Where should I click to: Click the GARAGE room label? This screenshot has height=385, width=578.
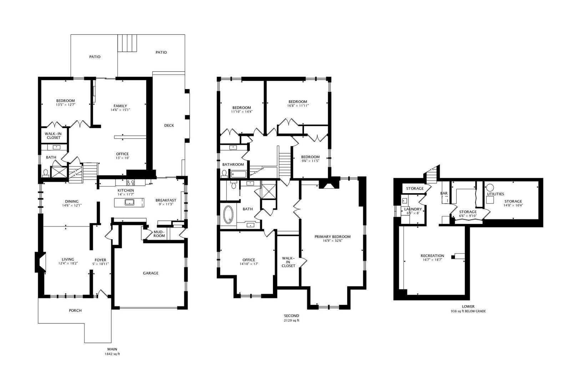point(151,273)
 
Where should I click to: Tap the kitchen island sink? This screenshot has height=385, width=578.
point(129,202)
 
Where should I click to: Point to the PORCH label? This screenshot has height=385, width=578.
point(75,310)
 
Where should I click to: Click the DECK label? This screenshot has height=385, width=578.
point(169,125)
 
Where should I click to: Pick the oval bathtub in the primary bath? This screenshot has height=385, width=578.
point(228,214)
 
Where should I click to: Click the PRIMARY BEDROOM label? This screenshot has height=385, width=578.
point(333,237)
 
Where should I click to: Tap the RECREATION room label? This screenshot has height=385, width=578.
point(432,256)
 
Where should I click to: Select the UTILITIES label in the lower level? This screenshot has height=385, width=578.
point(496,194)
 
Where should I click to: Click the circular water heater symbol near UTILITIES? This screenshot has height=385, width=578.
point(490,188)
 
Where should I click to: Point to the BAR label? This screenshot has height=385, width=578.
point(444,193)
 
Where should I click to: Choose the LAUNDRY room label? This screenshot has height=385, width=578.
point(413,209)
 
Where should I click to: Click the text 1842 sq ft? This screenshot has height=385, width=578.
point(112,354)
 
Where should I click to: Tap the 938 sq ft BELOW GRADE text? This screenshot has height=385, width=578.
point(468,311)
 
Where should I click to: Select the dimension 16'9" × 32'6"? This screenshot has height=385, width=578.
point(333,241)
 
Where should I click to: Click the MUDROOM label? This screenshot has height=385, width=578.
point(159,233)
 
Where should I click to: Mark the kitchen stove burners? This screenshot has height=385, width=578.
point(130,183)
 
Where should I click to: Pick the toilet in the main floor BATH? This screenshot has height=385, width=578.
point(46,173)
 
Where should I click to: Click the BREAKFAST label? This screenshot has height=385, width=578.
point(166,200)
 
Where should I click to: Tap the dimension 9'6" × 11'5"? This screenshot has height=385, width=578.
point(310,161)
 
